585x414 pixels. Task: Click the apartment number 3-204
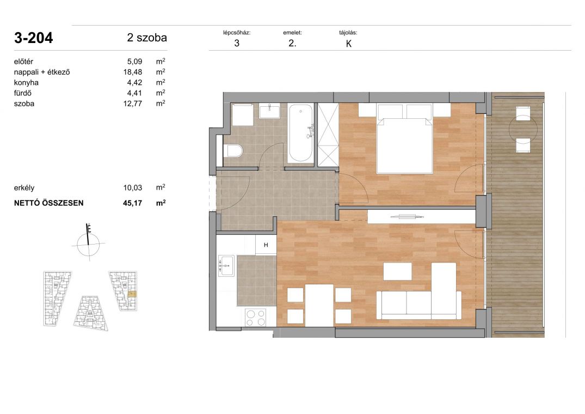[x=34, y=38]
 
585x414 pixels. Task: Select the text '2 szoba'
[x=147, y=38]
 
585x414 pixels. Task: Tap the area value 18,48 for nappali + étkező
[x=133, y=72]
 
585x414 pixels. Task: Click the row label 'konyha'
[x=26, y=82]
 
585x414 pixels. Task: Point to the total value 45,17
[x=132, y=203]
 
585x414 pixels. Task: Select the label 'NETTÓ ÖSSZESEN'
[x=49, y=203]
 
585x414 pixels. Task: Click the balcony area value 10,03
[x=133, y=188]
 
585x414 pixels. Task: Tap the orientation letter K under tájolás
[x=349, y=44]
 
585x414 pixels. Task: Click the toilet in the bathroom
[x=234, y=151]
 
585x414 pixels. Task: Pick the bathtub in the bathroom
[x=301, y=133]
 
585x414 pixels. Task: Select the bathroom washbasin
[x=269, y=111]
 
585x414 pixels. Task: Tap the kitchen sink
[x=226, y=265]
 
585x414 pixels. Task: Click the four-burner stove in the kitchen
[x=256, y=318]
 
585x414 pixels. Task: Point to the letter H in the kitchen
[x=266, y=245]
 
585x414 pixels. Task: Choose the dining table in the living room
[x=319, y=305]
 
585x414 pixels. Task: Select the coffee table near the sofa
[x=398, y=271]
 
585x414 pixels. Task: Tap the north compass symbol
[x=88, y=243]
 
